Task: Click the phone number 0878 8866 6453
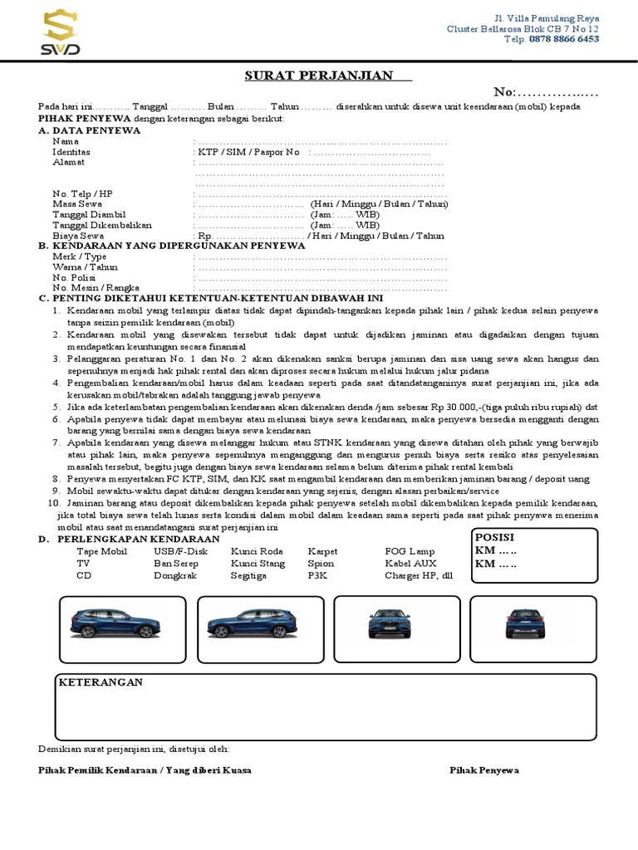coord(564,39)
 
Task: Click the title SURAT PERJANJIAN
coord(318,76)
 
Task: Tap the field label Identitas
coord(71,152)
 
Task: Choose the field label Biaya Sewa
coord(78,236)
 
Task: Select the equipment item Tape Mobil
coord(101,551)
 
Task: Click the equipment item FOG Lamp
coord(410,551)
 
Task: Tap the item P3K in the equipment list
coord(317,574)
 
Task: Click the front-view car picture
coord(389,623)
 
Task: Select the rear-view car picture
coord(526,623)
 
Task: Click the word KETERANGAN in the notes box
coord(100,682)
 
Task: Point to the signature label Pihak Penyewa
coord(484,770)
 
